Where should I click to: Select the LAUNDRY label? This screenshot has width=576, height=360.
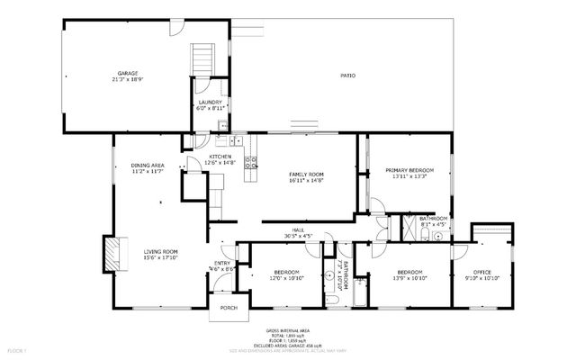click(210, 103)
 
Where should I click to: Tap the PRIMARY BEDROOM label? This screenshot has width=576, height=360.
click(409, 170)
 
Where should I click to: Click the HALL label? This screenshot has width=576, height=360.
click(298, 230)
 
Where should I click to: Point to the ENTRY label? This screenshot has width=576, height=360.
click(222, 263)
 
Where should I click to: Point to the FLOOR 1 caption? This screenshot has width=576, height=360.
click(18, 350)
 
